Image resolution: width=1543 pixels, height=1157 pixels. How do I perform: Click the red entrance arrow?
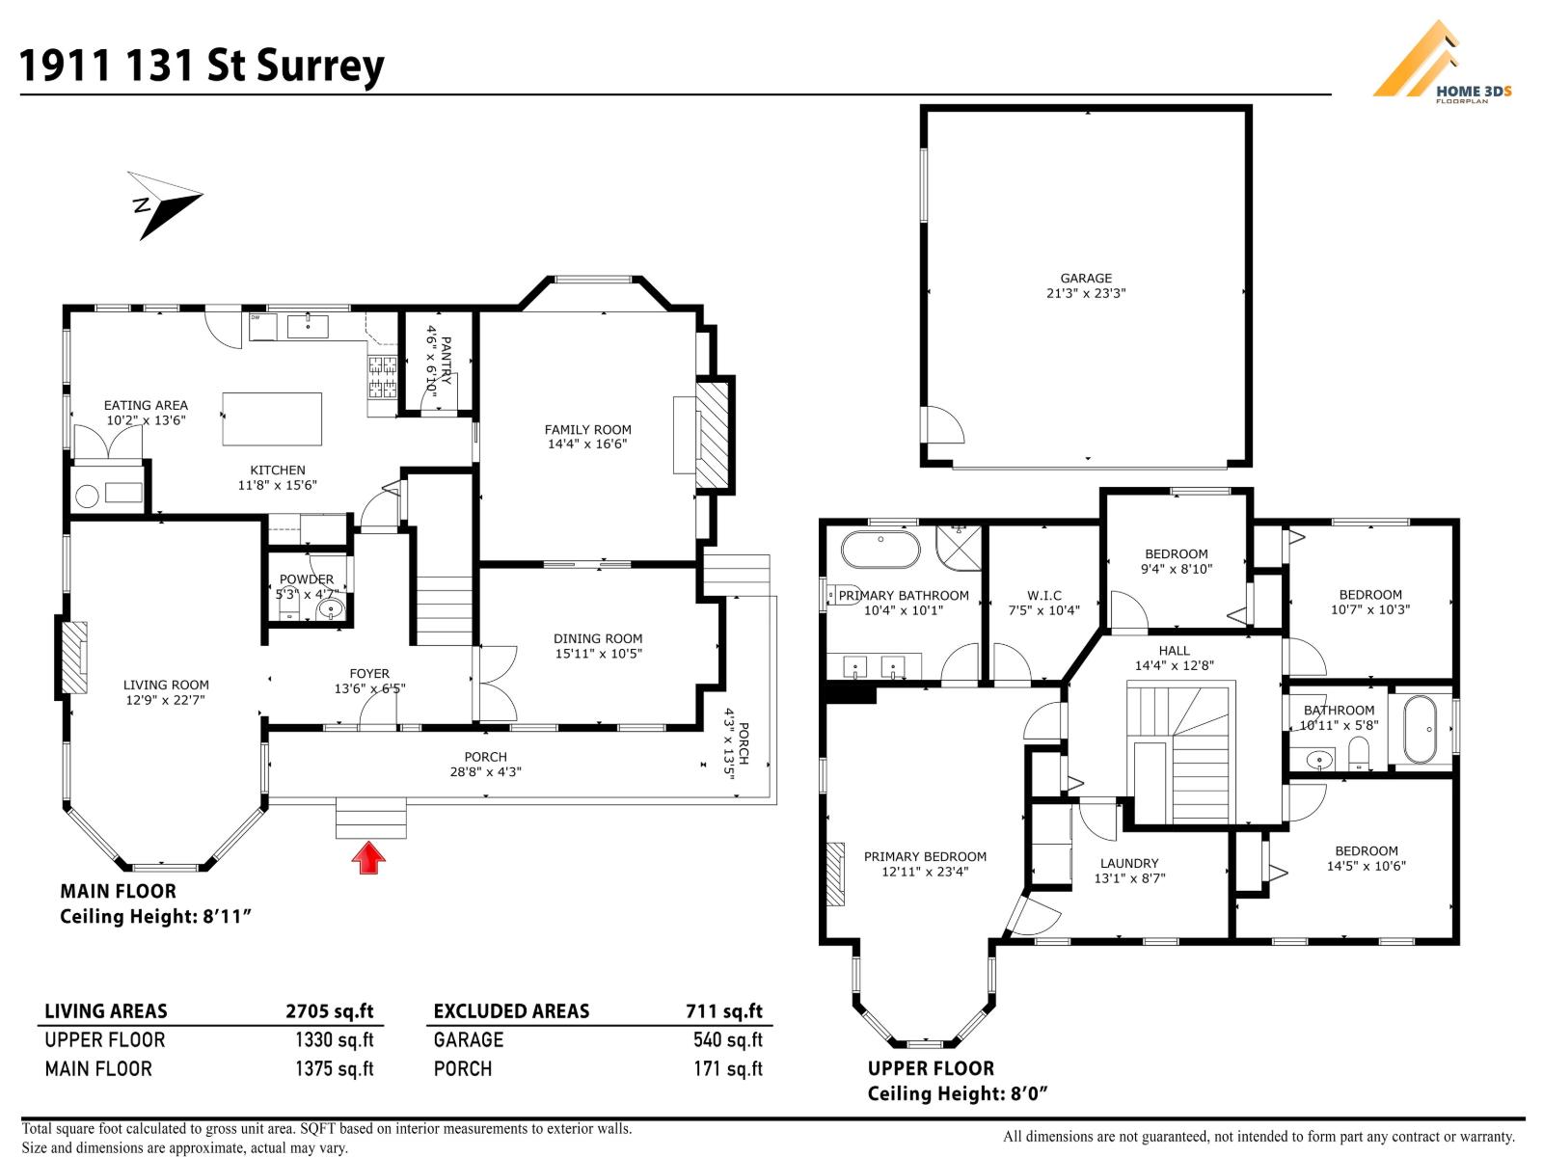[x=368, y=858]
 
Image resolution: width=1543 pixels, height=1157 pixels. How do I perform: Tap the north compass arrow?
[x=166, y=204]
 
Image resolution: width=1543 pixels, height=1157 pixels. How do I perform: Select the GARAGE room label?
[x=1086, y=279]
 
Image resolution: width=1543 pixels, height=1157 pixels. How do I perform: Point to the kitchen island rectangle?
[x=272, y=418]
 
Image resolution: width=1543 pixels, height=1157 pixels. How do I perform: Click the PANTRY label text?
[x=446, y=361]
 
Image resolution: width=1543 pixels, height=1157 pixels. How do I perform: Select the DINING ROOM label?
[x=598, y=638]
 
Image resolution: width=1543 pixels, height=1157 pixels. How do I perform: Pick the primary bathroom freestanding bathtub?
[x=880, y=550]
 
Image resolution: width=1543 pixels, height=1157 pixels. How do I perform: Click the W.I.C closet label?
[x=1043, y=595]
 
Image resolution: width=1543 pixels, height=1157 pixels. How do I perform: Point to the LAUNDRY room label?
[x=1129, y=863]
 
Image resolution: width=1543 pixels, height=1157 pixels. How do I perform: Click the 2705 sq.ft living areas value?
[x=329, y=1010]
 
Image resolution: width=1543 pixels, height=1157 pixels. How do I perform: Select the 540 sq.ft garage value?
[x=727, y=1039]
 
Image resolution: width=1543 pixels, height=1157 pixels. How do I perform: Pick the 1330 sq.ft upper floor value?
[x=334, y=1039]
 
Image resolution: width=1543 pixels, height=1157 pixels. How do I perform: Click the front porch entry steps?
[x=371, y=818]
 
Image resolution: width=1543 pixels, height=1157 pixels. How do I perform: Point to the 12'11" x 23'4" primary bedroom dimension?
[x=925, y=872]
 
